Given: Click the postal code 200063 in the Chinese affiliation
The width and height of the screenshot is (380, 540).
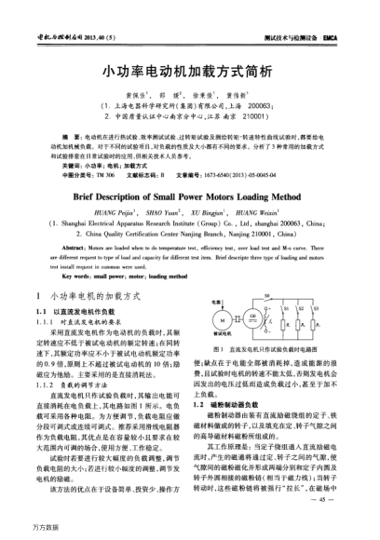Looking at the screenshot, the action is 251,107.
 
